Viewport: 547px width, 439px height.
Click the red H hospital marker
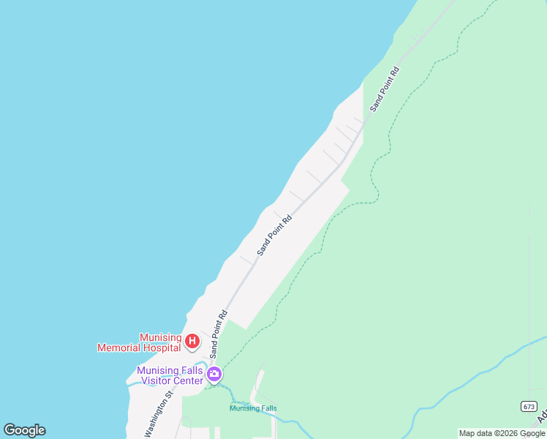click(x=192, y=341)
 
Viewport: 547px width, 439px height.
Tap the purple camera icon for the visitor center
click(x=214, y=375)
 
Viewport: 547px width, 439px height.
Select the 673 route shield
click(x=529, y=407)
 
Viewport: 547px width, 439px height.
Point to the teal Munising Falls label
click(x=253, y=408)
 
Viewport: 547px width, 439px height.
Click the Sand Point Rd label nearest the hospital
click(x=218, y=334)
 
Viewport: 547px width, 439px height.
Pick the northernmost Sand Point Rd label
click(x=385, y=89)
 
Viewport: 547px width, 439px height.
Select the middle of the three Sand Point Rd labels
click(x=274, y=234)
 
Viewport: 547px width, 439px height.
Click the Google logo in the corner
click(x=24, y=430)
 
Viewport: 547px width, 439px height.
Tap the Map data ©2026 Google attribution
click(x=502, y=433)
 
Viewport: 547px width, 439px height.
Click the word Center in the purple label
click(x=188, y=380)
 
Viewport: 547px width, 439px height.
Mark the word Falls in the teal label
click(x=268, y=408)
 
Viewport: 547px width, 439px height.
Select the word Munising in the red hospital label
click(x=161, y=338)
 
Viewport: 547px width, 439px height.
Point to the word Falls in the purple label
click(x=189, y=371)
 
